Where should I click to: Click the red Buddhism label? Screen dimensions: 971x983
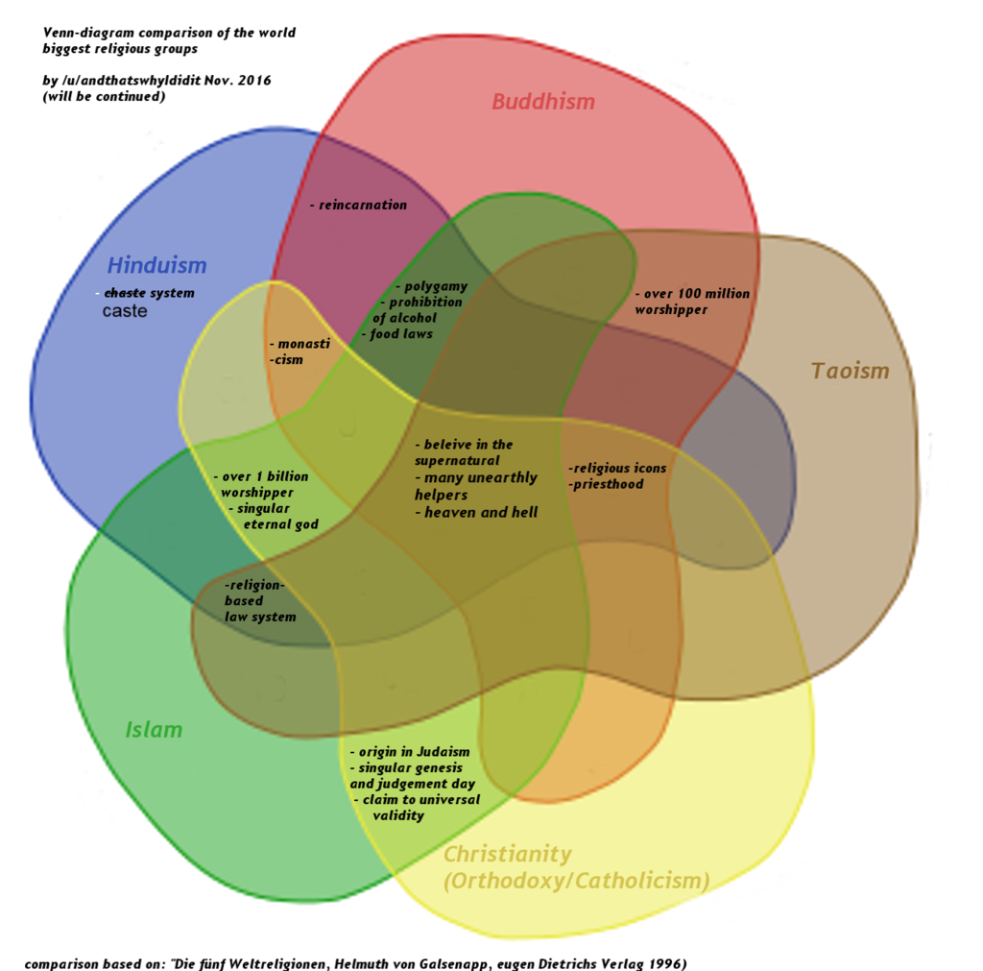tap(543, 101)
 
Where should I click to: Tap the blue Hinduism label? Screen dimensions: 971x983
tap(156, 265)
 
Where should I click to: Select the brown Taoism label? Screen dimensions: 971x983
tap(850, 371)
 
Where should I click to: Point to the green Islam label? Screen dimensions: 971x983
tap(154, 730)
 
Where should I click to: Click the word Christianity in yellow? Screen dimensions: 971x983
tap(507, 854)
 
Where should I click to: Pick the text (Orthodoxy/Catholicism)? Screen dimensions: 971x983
tap(576, 881)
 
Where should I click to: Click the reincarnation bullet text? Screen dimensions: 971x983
tap(359, 205)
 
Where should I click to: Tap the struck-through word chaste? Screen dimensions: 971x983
tap(123, 293)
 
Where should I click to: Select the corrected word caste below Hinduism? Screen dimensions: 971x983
tap(125, 311)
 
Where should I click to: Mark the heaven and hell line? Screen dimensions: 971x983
tap(477, 513)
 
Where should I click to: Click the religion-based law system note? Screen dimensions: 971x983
tap(259, 600)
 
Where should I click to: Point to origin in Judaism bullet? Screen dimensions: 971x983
tap(411, 752)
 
